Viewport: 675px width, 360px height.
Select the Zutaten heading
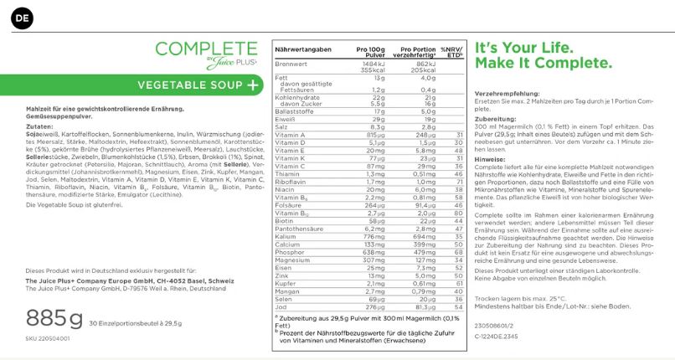[39, 126]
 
